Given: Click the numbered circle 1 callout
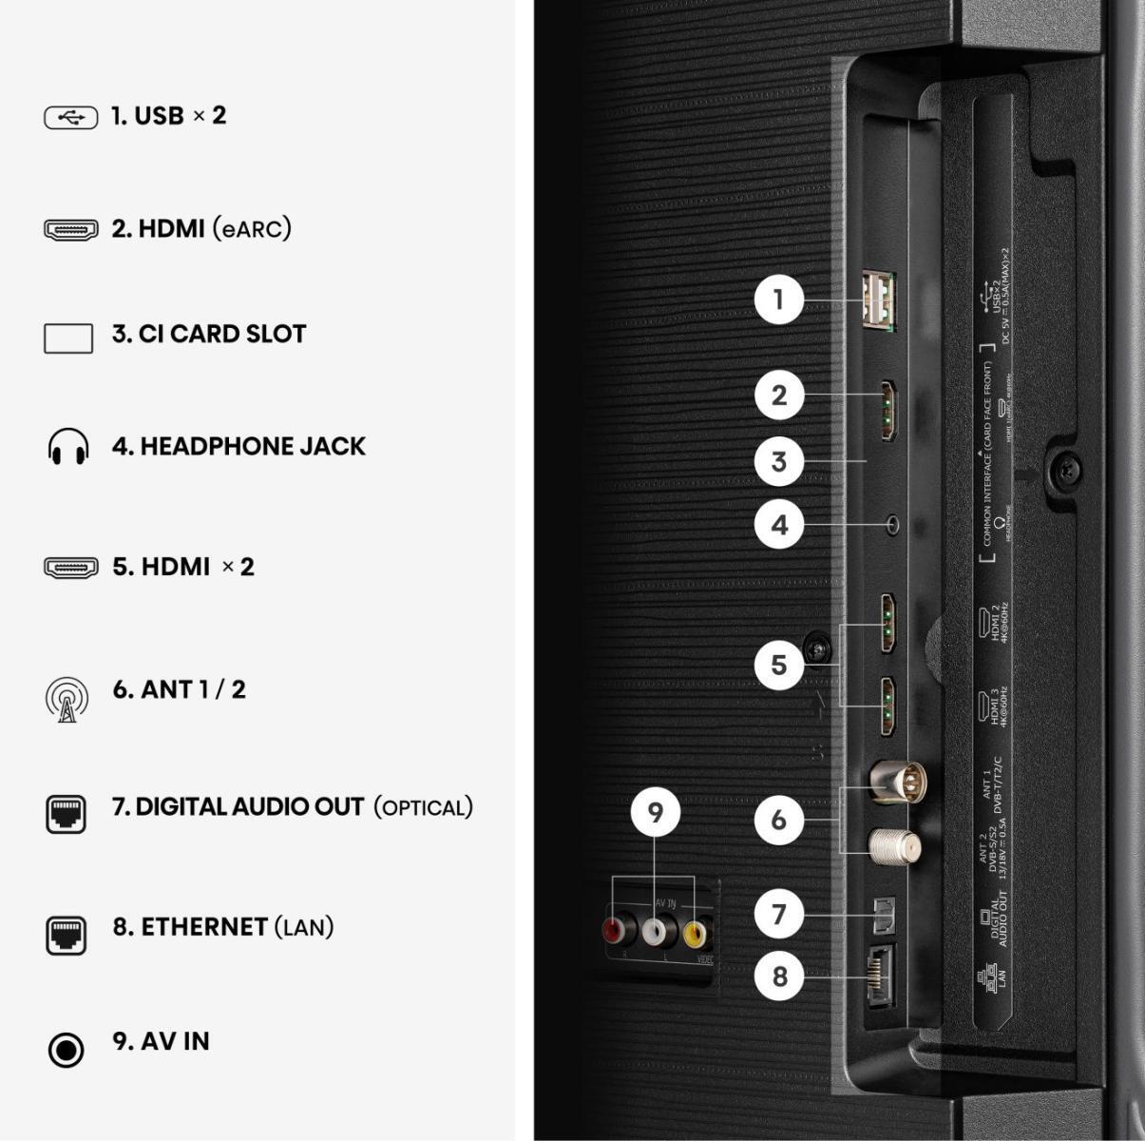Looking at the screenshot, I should click(779, 300).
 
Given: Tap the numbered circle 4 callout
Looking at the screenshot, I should click(779, 524).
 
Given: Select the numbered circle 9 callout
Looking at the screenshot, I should click(656, 812).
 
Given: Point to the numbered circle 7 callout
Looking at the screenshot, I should click(779, 914).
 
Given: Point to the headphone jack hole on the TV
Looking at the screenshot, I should click(892, 524).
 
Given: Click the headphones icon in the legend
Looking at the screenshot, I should click(68, 447).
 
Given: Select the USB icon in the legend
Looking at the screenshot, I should click(70, 117).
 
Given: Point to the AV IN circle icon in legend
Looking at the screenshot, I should click(66, 1050).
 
